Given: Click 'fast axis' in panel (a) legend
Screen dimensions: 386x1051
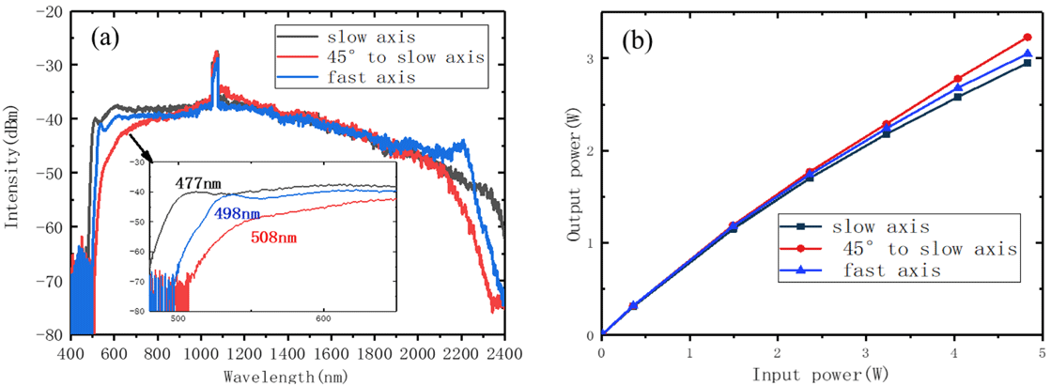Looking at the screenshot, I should [360, 78].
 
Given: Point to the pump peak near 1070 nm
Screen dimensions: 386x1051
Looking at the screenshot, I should [216, 54].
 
